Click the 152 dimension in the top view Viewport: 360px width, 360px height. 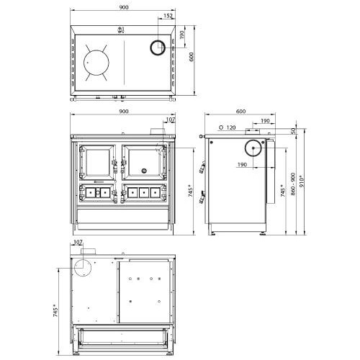[x=168, y=16]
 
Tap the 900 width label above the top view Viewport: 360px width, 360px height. [x=124, y=7]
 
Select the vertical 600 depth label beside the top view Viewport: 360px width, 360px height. [x=192, y=57]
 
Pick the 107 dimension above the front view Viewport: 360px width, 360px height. [x=171, y=120]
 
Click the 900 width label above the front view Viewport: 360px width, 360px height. [x=124, y=112]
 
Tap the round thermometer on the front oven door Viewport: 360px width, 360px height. [x=144, y=171]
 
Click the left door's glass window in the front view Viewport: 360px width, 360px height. [x=98, y=162]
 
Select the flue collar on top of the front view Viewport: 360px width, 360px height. [x=157, y=132]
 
